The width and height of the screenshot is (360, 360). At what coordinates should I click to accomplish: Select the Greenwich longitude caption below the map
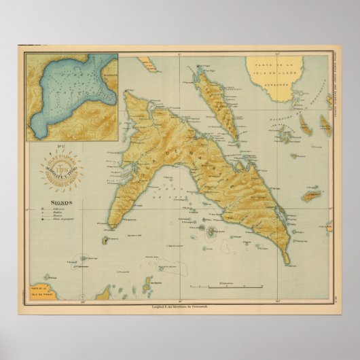(x=179, y=305)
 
